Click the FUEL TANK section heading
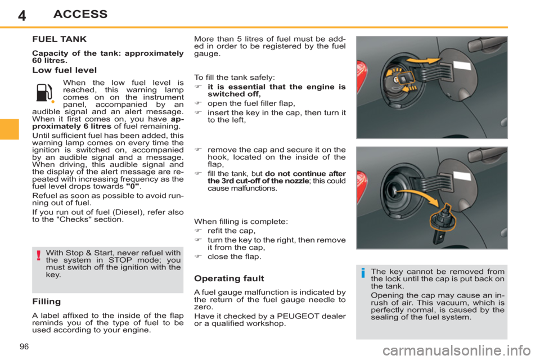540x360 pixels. (60, 40)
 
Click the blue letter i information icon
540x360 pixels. (363, 274)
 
